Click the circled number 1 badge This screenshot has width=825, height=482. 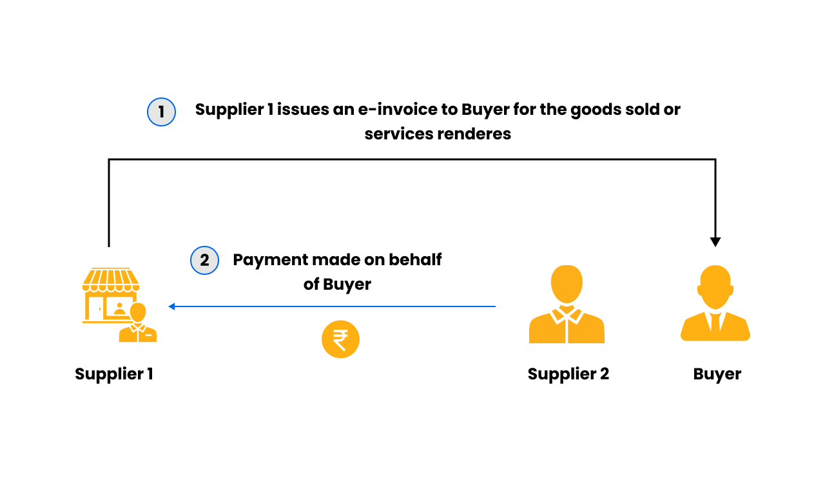pyautogui.click(x=161, y=112)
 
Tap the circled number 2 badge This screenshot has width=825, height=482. pyautogui.click(x=204, y=261)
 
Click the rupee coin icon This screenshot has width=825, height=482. pyautogui.click(x=340, y=339)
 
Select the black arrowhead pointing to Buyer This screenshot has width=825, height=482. pyautogui.click(x=715, y=242)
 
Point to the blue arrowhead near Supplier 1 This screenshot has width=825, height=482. pyautogui.click(x=171, y=306)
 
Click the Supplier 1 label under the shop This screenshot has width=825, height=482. pyautogui.click(x=114, y=374)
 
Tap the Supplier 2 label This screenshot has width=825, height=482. pyautogui.click(x=568, y=374)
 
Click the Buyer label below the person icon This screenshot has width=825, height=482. pyautogui.click(x=717, y=374)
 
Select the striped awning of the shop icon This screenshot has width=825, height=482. pyautogui.click(x=111, y=279)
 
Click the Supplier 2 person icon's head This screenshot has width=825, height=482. pyautogui.click(x=567, y=285)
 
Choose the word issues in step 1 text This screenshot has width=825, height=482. pyautogui.click(x=302, y=110)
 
